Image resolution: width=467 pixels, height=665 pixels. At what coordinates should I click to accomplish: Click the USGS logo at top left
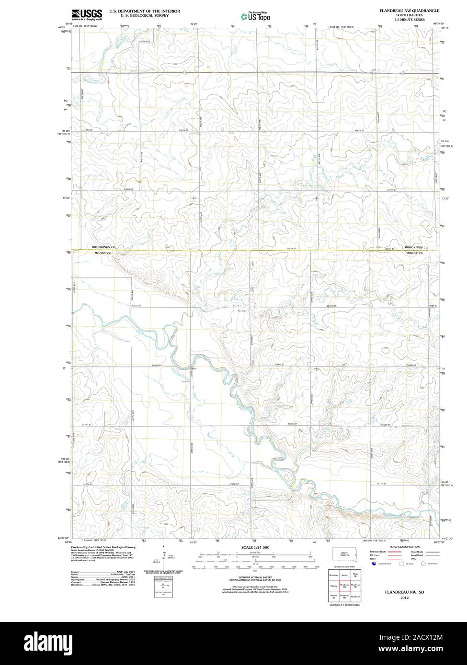click(87, 14)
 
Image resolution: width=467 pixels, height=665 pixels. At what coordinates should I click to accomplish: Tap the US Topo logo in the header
click(255, 16)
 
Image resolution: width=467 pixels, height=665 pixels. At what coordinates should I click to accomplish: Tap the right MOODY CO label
click(414, 253)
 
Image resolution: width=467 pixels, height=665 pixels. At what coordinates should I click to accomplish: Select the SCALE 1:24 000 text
click(255, 547)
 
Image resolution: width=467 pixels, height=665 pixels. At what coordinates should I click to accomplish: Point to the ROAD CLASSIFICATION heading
click(404, 547)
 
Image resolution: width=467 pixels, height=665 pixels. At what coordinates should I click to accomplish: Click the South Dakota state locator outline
click(344, 554)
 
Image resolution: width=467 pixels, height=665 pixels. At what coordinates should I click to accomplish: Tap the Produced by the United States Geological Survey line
click(103, 547)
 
